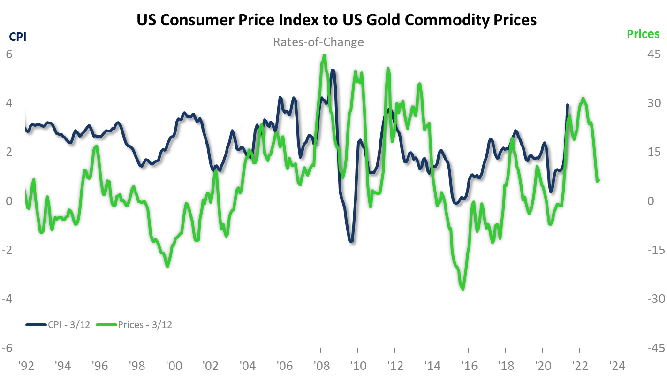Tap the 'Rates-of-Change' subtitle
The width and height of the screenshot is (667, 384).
click(x=318, y=42)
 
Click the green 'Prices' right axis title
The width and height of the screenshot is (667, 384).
click(x=643, y=34)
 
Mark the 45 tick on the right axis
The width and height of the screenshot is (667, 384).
click(x=650, y=54)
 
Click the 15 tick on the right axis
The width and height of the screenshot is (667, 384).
click(x=650, y=152)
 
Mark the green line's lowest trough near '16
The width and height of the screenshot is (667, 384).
click(x=463, y=289)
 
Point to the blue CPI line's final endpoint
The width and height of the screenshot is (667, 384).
click(x=568, y=105)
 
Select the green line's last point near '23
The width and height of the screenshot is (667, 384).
click(x=599, y=180)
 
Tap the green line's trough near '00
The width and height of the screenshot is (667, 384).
click(x=167, y=266)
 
